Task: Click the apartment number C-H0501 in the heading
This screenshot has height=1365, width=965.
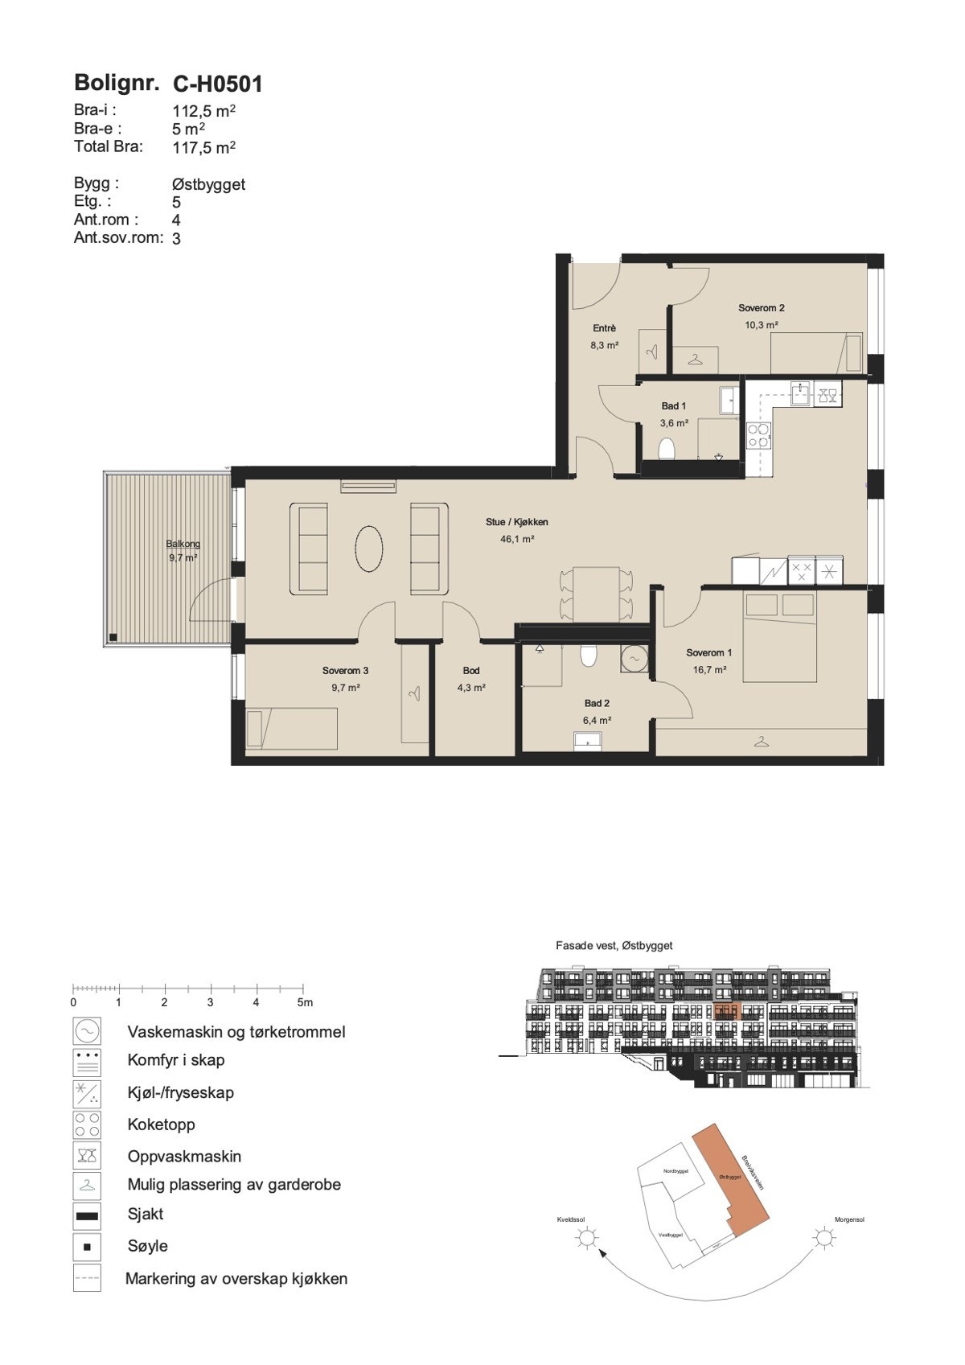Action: click(218, 84)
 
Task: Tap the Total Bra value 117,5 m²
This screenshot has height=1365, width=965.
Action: click(203, 147)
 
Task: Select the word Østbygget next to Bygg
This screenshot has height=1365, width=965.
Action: click(208, 184)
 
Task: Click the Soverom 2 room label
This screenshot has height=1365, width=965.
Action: click(761, 308)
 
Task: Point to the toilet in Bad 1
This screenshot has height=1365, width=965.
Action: click(666, 448)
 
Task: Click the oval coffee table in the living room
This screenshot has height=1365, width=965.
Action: click(368, 548)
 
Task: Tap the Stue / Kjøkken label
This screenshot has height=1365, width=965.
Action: click(516, 522)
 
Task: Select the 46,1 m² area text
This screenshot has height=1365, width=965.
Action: click(517, 540)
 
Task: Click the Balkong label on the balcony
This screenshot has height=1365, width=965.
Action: click(183, 543)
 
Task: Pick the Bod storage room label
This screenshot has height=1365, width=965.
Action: click(471, 670)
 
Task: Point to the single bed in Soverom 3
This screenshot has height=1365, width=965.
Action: click(291, 728)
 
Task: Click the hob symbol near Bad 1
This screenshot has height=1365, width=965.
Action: click(758, 435)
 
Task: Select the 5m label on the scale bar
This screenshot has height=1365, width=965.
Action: click(305, 1002)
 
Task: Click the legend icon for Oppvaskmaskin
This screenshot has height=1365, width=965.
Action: click(87, 1156)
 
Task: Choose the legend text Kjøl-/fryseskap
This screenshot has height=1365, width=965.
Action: click(180, 1092)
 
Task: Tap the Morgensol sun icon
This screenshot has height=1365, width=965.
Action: click(823, 1238)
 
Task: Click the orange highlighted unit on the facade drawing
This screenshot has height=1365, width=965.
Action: click(725, 1011)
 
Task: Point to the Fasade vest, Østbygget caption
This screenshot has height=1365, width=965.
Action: click(614, 946)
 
